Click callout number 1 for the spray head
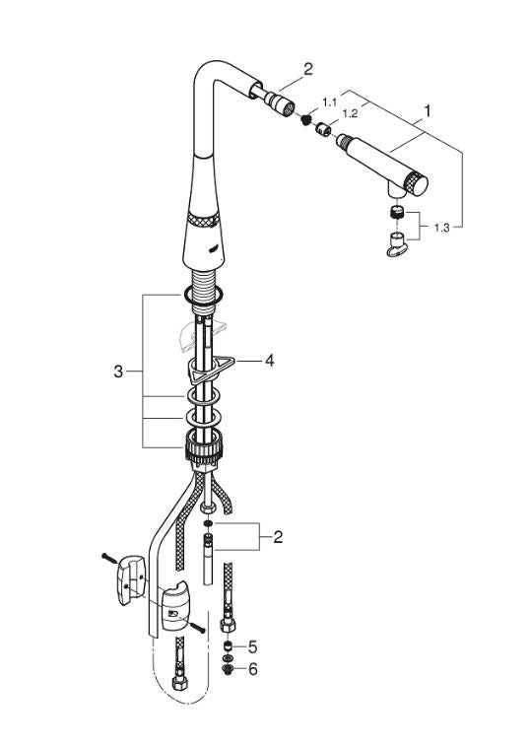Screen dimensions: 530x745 pyautogui.click(x=428, y=111)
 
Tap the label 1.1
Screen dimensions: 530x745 pyautogui.click(x=329, y=102)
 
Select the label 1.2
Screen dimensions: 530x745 pyautogui.click(x=350, y=113)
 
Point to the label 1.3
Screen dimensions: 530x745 pyautogui.click(x=441, y=228)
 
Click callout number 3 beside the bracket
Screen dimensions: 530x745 pyautogui.click(x=118, y=372)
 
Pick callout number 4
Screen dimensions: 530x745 pyautogui.click(x=269, y=361)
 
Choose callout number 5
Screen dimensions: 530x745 pyautogui.click(x=252, y=646)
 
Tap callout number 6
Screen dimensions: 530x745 pyautogui.click(x=252, y=669)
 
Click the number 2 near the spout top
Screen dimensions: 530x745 pyautogui.click(x=308, y=69)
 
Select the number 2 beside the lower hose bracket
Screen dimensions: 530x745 pyautogui.click(x=278, y=537)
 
